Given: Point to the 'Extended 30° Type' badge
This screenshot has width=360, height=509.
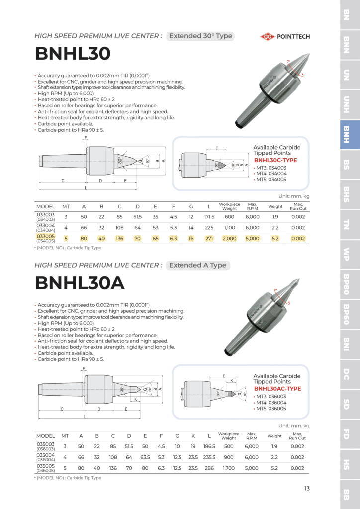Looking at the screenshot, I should tap(200, 36).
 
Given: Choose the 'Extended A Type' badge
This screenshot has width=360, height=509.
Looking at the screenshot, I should tap(197, 265).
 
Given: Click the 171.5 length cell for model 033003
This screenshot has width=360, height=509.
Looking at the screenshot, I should tap(209, 217).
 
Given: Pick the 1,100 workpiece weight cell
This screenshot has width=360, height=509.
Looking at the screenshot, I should tap(229, 228).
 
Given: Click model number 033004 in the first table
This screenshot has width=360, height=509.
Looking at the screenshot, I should tap(45, 225).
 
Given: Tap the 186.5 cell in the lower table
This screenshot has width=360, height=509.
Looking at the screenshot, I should tap(209, 446).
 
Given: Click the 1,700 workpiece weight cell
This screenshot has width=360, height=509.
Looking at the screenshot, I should tap(229, 468).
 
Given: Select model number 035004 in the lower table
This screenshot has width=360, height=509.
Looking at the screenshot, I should tap(45, 455).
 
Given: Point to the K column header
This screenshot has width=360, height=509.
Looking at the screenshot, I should tap(193, 436).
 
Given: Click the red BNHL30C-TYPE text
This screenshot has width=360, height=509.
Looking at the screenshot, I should tap(275, 161).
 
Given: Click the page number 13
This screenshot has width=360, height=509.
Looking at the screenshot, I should tap(307, 488).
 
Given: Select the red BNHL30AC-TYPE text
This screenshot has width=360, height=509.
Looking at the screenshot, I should tap(277, 389).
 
